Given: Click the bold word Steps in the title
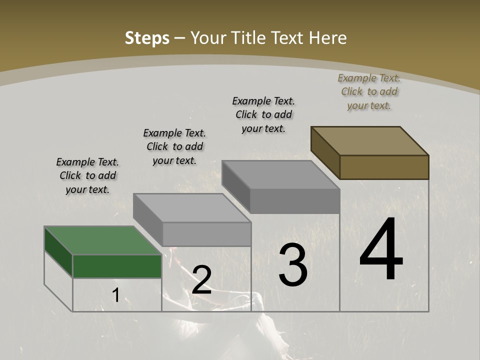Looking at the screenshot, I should pyautogui.click(x=146, y=38).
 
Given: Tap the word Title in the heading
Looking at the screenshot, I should pyautogui.click(x=247, y=38).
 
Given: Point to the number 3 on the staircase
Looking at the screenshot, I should pyautogui.click(x=293, y=265).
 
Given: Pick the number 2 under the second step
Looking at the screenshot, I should pyautogui.click(x=201, y=280).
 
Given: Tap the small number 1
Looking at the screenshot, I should pyautogui.click(x=116, y=295).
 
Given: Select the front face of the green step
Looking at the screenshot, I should pyautogui.click(x=117, y=266).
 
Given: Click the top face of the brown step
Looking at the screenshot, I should pyautogui.click(x=370, y=140).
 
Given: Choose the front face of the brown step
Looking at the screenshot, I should pyautogui.click(x=384, y=167).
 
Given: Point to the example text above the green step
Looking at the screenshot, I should pyautogui.click(x=87, y=175).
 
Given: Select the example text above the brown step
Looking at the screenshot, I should pyautogui.click(x=369, y=91).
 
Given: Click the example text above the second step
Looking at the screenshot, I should pyautogui.click(x=174, y=146).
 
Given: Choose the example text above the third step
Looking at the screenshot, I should pyautogui.click(x=263, y=114).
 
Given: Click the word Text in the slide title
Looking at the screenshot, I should pyautogui.click(x=282, y=38).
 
